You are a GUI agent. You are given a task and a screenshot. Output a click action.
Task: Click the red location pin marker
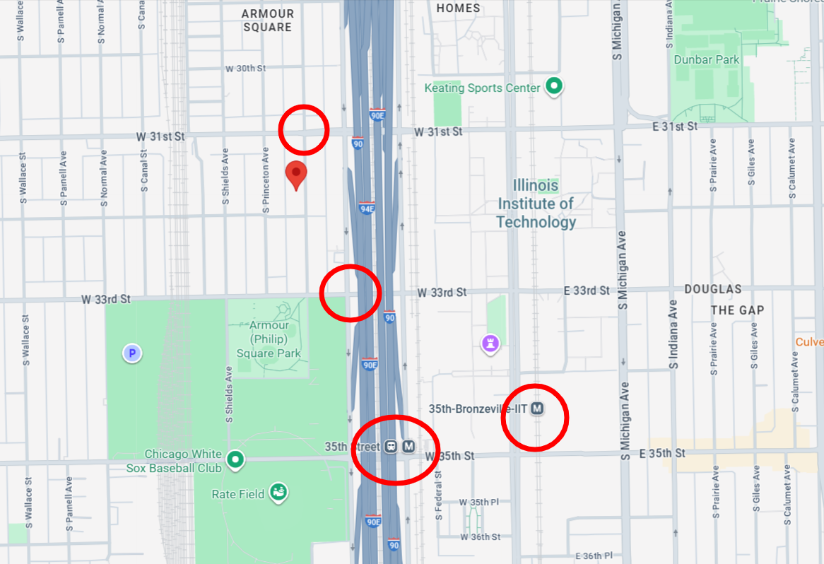(296, 174)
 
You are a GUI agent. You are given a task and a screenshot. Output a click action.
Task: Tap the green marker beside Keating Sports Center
(555, 87)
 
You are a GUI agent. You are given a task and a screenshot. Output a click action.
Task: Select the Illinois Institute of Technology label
(536, 204)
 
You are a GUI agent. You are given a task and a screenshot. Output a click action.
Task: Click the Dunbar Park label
(707, 59)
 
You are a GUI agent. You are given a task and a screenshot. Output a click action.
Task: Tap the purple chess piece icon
(490, 344)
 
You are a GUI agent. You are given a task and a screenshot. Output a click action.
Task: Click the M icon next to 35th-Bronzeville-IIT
(538, 409)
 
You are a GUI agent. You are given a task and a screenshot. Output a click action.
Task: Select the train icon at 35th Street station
(391, 447)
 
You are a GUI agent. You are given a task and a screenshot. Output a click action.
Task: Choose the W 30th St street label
(245, 69)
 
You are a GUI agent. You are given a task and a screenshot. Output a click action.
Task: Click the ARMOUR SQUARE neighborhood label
(267, 20)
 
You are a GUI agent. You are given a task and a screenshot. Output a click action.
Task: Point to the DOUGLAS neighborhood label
(712, 290)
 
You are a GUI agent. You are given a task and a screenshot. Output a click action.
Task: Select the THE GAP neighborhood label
(737, 310)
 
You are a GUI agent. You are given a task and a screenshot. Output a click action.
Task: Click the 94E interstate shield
(366, 208)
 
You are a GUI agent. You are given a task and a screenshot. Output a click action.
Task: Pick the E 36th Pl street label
(593, 556)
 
